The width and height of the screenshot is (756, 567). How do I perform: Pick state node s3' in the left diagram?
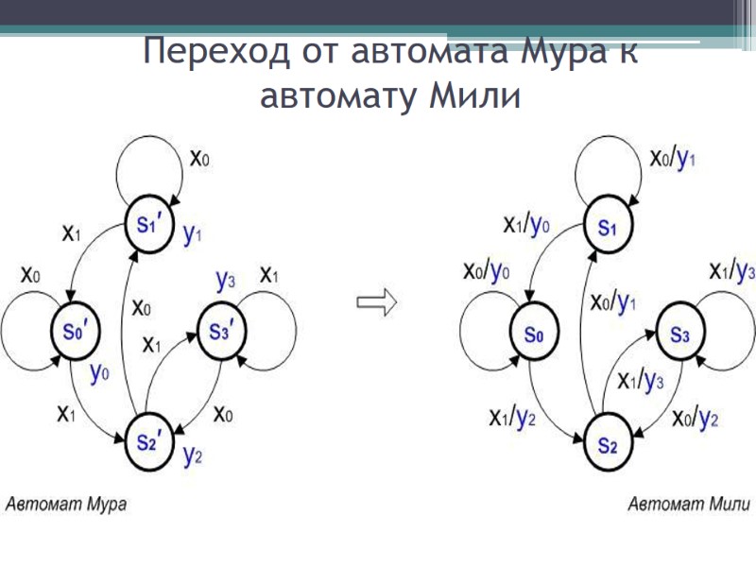click(220, 332)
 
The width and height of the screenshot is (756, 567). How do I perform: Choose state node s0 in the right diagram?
click(534, 333)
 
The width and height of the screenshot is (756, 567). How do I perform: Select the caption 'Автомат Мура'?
click(67, 504)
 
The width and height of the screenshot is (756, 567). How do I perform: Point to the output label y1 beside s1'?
click(193, 235)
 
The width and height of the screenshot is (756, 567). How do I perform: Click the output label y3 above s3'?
click(225, 280)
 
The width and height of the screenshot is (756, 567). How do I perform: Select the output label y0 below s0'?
click(100, 373)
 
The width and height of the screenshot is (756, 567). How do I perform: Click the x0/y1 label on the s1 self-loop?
click(672, 157)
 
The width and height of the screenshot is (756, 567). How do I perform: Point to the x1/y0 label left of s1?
click(524, 224)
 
